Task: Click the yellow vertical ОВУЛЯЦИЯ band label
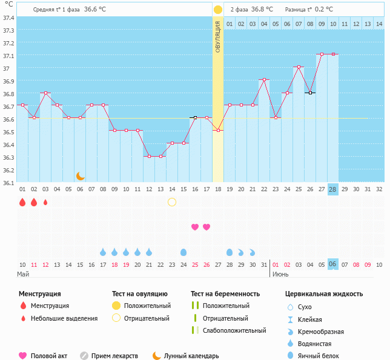[217, 36]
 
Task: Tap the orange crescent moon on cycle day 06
[81, 176]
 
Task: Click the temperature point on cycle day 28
[332, 54]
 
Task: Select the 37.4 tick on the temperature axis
[9, 18]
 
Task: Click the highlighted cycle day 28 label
[332, 189]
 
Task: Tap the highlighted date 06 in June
[332, 264]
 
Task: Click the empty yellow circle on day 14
[172, 202]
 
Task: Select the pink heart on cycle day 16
[195, 227]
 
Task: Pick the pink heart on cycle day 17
[207, 227]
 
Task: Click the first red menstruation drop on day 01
[22, 202]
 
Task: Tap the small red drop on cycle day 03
[45, 202]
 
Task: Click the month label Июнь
[280, 274]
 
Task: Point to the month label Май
[22, 274]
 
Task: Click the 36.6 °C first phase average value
[94, 10]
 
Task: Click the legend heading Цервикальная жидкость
[324, 294]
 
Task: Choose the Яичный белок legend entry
[323, 356]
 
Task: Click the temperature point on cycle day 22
[263, 79]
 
